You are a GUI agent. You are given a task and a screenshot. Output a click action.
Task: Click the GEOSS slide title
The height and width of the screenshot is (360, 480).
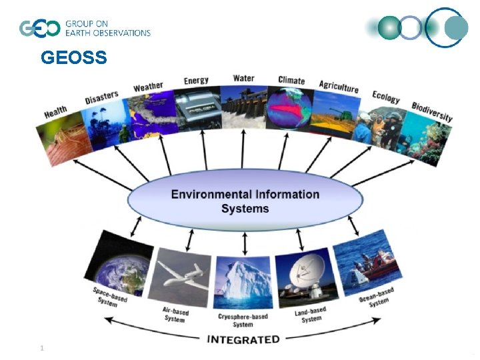point(73,59)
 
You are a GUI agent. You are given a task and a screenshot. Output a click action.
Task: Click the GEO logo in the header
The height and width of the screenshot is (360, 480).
point(40,29)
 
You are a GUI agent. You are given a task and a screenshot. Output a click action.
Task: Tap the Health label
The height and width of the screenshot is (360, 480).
point(56,112)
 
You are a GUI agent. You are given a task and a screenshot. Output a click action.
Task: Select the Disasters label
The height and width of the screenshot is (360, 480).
point(101,98)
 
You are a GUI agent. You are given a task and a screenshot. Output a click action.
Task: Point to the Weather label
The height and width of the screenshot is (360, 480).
point(148,87)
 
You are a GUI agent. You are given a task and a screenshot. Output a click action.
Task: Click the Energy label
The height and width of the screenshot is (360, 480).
point(196,81)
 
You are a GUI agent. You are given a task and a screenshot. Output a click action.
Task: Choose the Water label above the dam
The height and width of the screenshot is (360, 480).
point(243,78)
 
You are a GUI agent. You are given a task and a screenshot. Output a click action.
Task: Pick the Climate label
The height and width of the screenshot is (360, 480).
point(291,81)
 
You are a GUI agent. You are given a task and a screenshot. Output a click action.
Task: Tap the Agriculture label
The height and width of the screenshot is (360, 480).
point(339,87)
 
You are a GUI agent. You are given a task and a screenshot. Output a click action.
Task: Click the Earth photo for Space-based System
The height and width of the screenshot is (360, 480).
point(121,263)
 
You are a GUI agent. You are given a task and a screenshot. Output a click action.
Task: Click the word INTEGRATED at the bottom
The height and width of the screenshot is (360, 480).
point(243,339)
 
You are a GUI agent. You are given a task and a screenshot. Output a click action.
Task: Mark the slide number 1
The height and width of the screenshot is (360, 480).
point(42,348)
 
